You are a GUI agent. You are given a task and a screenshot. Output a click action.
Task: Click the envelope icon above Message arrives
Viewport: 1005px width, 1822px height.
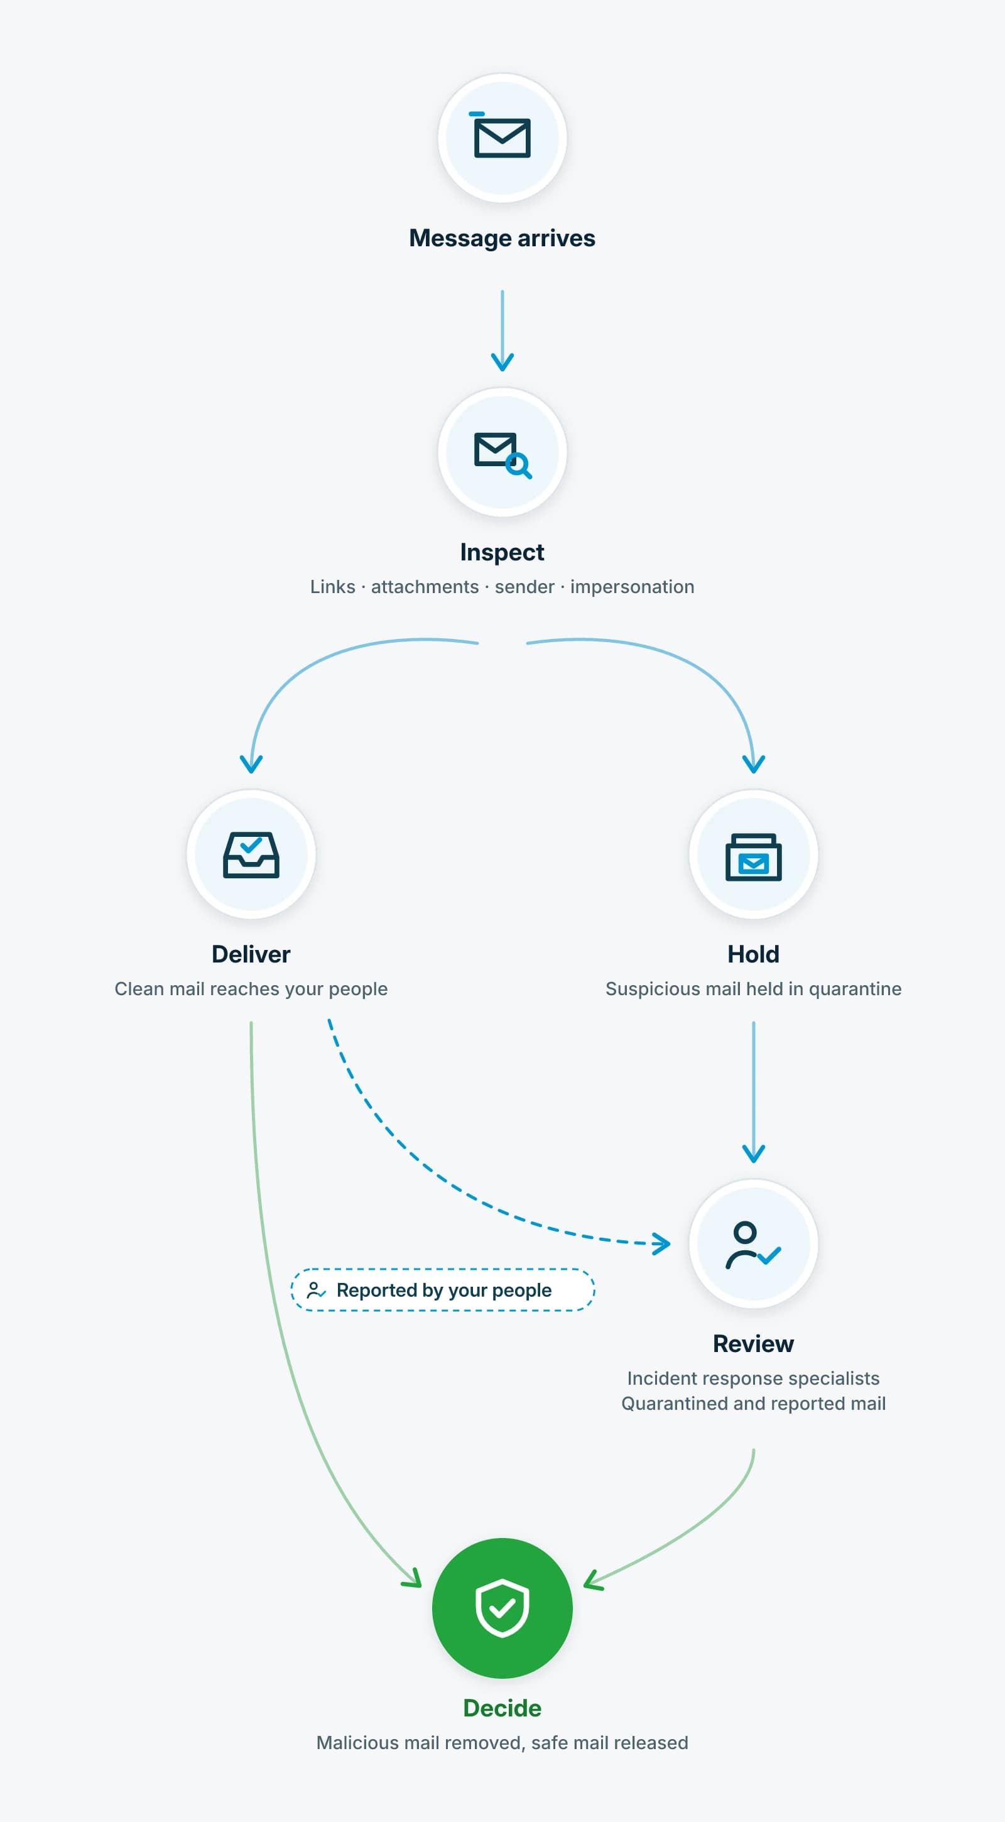501,136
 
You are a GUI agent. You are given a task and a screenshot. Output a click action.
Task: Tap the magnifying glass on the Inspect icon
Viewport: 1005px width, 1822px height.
519,466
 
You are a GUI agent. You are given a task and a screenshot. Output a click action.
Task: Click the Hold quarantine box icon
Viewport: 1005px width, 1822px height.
753,856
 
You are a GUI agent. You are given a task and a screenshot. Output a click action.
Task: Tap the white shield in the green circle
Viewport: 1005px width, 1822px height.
502,1608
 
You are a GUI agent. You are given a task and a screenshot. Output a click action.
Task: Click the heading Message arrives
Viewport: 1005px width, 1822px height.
502,238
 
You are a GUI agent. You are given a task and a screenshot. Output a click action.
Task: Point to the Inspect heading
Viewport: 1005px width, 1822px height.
502,552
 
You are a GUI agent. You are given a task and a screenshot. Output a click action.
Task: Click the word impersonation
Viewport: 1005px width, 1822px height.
633,587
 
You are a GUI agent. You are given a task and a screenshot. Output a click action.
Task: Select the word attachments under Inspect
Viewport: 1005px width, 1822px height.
425,587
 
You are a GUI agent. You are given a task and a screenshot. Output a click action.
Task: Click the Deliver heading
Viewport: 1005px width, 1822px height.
251,954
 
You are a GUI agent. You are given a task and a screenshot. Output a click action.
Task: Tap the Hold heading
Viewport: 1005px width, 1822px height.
753,954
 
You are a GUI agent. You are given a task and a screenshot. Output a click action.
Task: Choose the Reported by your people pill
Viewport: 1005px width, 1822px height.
443,1290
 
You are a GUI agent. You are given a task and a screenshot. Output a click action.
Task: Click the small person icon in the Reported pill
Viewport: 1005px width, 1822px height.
315,1290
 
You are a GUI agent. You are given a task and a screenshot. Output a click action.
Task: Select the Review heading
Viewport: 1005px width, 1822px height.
753,1344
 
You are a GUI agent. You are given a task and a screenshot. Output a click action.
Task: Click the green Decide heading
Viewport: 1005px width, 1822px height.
502,1708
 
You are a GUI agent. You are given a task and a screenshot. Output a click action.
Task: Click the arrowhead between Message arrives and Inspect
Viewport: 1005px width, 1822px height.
502,362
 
